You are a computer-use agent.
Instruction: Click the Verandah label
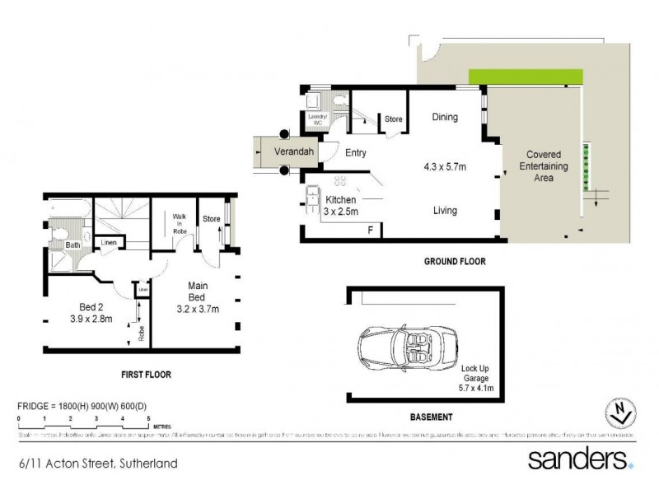coord(280,152)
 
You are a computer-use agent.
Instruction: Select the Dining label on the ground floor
coord(445,118)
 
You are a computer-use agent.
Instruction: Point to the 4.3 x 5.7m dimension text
coord(445,167)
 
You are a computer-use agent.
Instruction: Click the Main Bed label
coord(199,295)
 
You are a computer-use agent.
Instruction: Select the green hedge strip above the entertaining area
coord(524,76)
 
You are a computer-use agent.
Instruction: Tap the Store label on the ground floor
coord(394,120)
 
